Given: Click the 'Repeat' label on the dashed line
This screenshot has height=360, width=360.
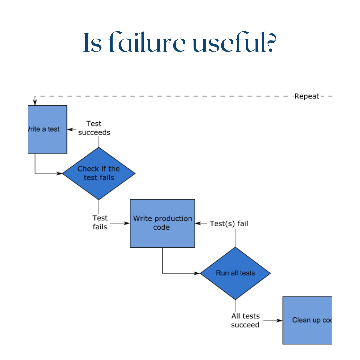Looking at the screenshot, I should point(307,96).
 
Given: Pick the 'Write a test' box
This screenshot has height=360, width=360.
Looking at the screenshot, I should point(48,129).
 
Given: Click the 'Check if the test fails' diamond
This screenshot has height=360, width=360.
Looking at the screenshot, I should point(99,173).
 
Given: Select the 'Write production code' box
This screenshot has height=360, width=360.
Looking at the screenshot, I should point(162,223).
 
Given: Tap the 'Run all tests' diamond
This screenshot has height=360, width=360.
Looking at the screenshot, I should point(235,273).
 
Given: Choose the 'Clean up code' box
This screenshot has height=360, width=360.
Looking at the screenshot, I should point(307,320).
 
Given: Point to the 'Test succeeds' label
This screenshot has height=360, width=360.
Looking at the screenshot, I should point(94,128).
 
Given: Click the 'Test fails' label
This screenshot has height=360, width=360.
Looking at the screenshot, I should point(100,222).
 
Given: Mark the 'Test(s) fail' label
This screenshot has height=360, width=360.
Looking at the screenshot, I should point(229,223).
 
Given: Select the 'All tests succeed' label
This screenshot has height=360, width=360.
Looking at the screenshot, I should point(245,320).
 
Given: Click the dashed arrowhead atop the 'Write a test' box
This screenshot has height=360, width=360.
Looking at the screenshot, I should point(35,103).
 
